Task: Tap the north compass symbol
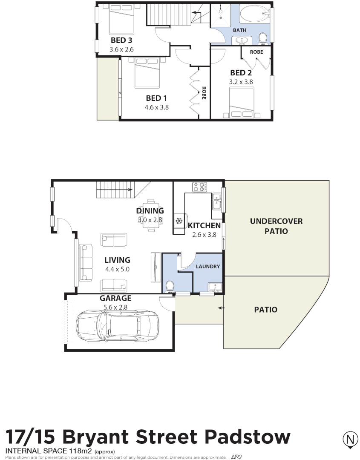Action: (350, 439)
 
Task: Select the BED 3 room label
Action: (121, 41)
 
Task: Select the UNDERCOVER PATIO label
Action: (276, 226)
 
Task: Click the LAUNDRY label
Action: (208, 267)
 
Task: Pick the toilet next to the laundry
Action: (170, 286)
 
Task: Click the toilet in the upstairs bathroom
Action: (263, 38)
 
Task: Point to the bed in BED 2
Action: (241, 102)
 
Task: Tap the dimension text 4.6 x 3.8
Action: (156, 107)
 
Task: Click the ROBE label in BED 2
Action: (256, 52)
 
